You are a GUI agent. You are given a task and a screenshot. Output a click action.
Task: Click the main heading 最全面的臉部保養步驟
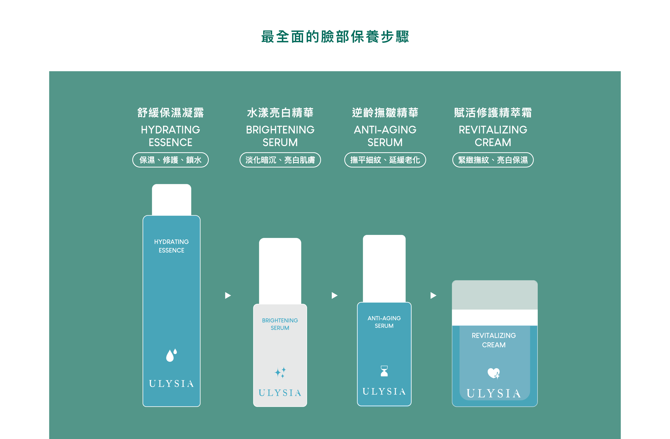335,37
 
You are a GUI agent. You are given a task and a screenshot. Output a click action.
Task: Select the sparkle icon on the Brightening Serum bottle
280,372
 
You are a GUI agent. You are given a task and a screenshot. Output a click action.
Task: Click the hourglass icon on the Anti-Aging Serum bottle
384,371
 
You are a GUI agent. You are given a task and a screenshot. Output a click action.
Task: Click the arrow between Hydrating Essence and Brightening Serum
228,295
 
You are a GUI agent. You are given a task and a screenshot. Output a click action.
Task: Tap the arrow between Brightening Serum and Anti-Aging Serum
335,295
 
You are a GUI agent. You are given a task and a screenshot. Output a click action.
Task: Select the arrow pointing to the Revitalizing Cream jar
433,295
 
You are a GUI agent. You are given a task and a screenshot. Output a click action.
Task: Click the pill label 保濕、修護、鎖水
171,160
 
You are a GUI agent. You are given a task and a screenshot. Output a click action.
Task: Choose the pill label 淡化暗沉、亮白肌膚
280,160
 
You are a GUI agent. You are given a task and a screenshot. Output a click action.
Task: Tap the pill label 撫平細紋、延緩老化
385,160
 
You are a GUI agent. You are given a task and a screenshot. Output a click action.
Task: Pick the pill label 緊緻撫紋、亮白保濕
493,160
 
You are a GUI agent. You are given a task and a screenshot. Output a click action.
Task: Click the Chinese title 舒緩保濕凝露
171,113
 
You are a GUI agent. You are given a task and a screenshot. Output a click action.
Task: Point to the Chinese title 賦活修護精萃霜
493,113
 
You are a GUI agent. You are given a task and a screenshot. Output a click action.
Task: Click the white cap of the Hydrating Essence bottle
171,200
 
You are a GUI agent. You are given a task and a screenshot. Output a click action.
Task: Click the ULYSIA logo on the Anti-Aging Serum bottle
384,391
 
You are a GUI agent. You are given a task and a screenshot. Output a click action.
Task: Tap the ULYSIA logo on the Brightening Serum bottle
280,393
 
